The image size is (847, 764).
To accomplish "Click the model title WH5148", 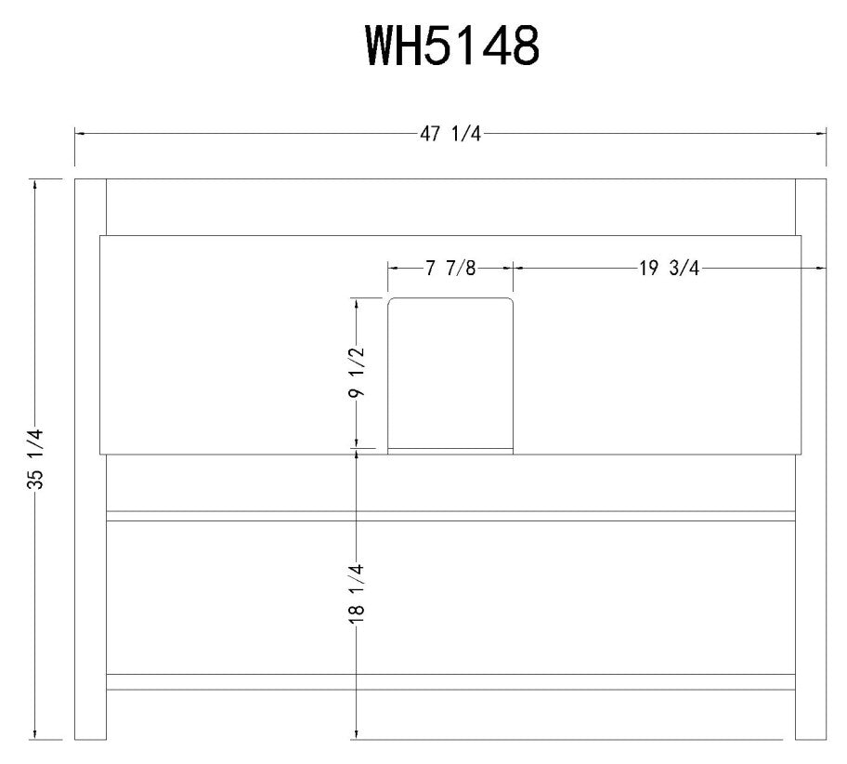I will [452, 45].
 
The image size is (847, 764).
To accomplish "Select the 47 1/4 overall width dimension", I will [451, 134].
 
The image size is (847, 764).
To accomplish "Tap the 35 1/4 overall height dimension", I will [36, 458].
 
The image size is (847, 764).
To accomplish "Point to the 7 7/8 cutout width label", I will [450, 269].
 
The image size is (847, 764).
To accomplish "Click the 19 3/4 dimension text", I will [668, 269].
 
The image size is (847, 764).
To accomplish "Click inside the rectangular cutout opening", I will [450, 372].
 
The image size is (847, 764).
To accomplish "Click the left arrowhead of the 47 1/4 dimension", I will [80, 134].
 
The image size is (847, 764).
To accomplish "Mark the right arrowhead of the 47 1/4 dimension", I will [822, 134].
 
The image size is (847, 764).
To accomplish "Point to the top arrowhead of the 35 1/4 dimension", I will [36, 184].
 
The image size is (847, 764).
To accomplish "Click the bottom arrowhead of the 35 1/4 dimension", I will [36, 734].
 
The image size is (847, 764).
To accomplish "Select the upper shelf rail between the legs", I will [451, 516].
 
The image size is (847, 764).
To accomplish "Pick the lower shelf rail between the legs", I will [451, 681].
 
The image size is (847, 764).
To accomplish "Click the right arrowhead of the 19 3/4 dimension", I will [821, 269].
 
